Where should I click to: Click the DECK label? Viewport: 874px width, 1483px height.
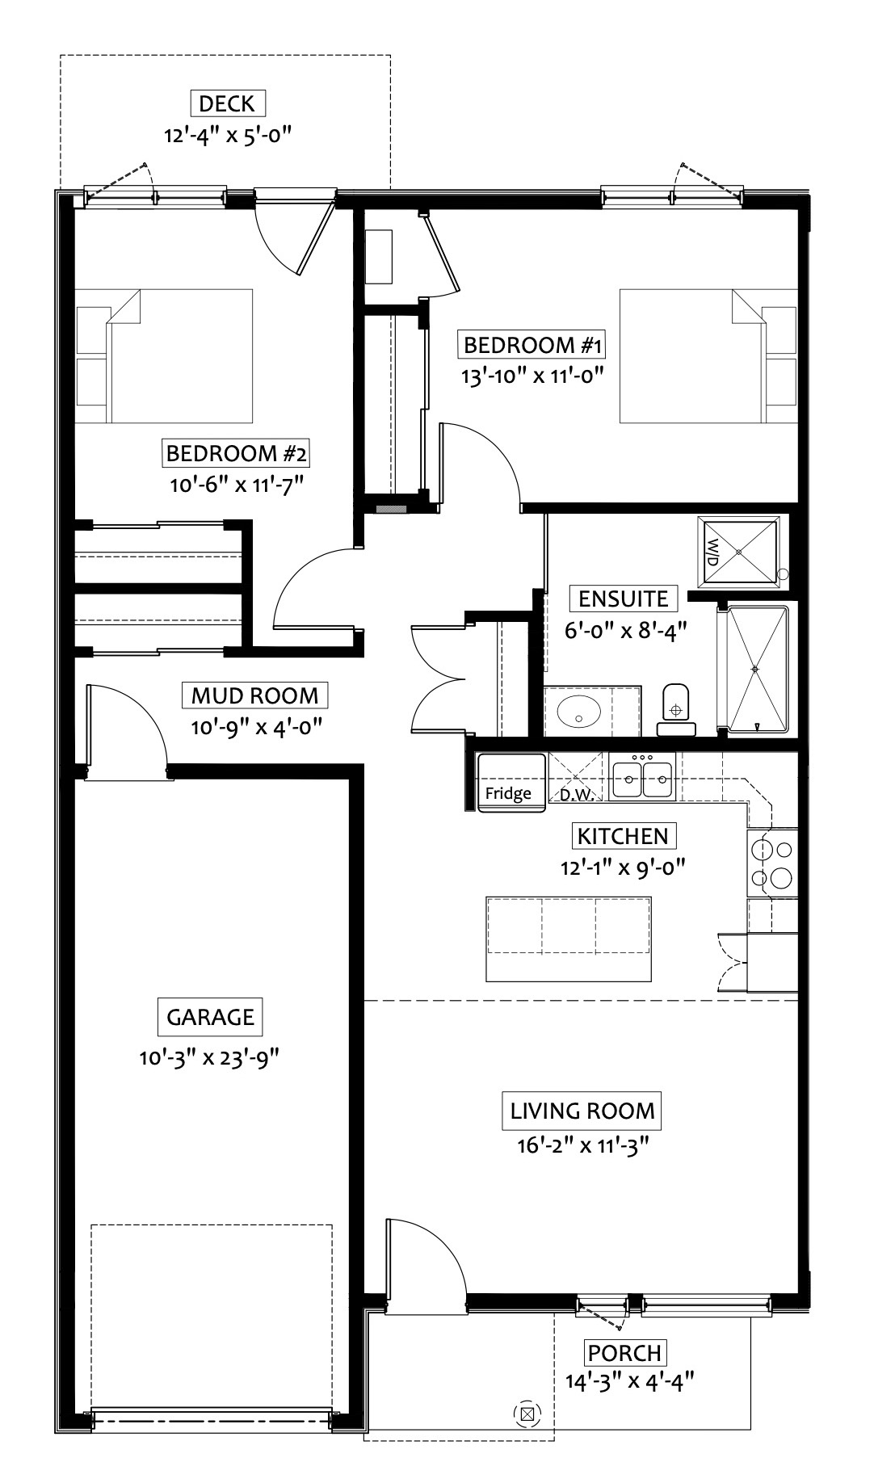coord(227,103)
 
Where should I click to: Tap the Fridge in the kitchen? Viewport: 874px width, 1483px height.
coord(507,782)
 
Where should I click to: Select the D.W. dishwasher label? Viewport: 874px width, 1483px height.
coord(578,794)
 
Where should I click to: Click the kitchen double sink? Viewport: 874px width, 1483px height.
coord(643,777)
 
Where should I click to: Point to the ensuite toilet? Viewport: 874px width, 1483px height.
coord(675,709)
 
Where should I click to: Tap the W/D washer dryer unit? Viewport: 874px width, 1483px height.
coord(739,551)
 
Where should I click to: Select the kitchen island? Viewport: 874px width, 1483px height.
coord(569,938)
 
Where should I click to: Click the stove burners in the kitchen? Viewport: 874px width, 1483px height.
coord(773,863)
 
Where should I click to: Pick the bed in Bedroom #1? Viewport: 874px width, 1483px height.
coord(708,355)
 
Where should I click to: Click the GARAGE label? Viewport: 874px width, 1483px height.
coord(210,1017)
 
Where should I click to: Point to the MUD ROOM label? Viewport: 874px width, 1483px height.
coord(255,695)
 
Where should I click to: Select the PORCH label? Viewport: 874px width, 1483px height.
coord(624,1352)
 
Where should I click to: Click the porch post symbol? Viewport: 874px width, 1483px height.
coord(527,1414)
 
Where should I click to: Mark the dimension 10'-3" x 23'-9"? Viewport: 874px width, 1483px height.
coord(209,1057)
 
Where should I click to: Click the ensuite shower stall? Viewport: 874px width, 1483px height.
coord(756,670)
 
